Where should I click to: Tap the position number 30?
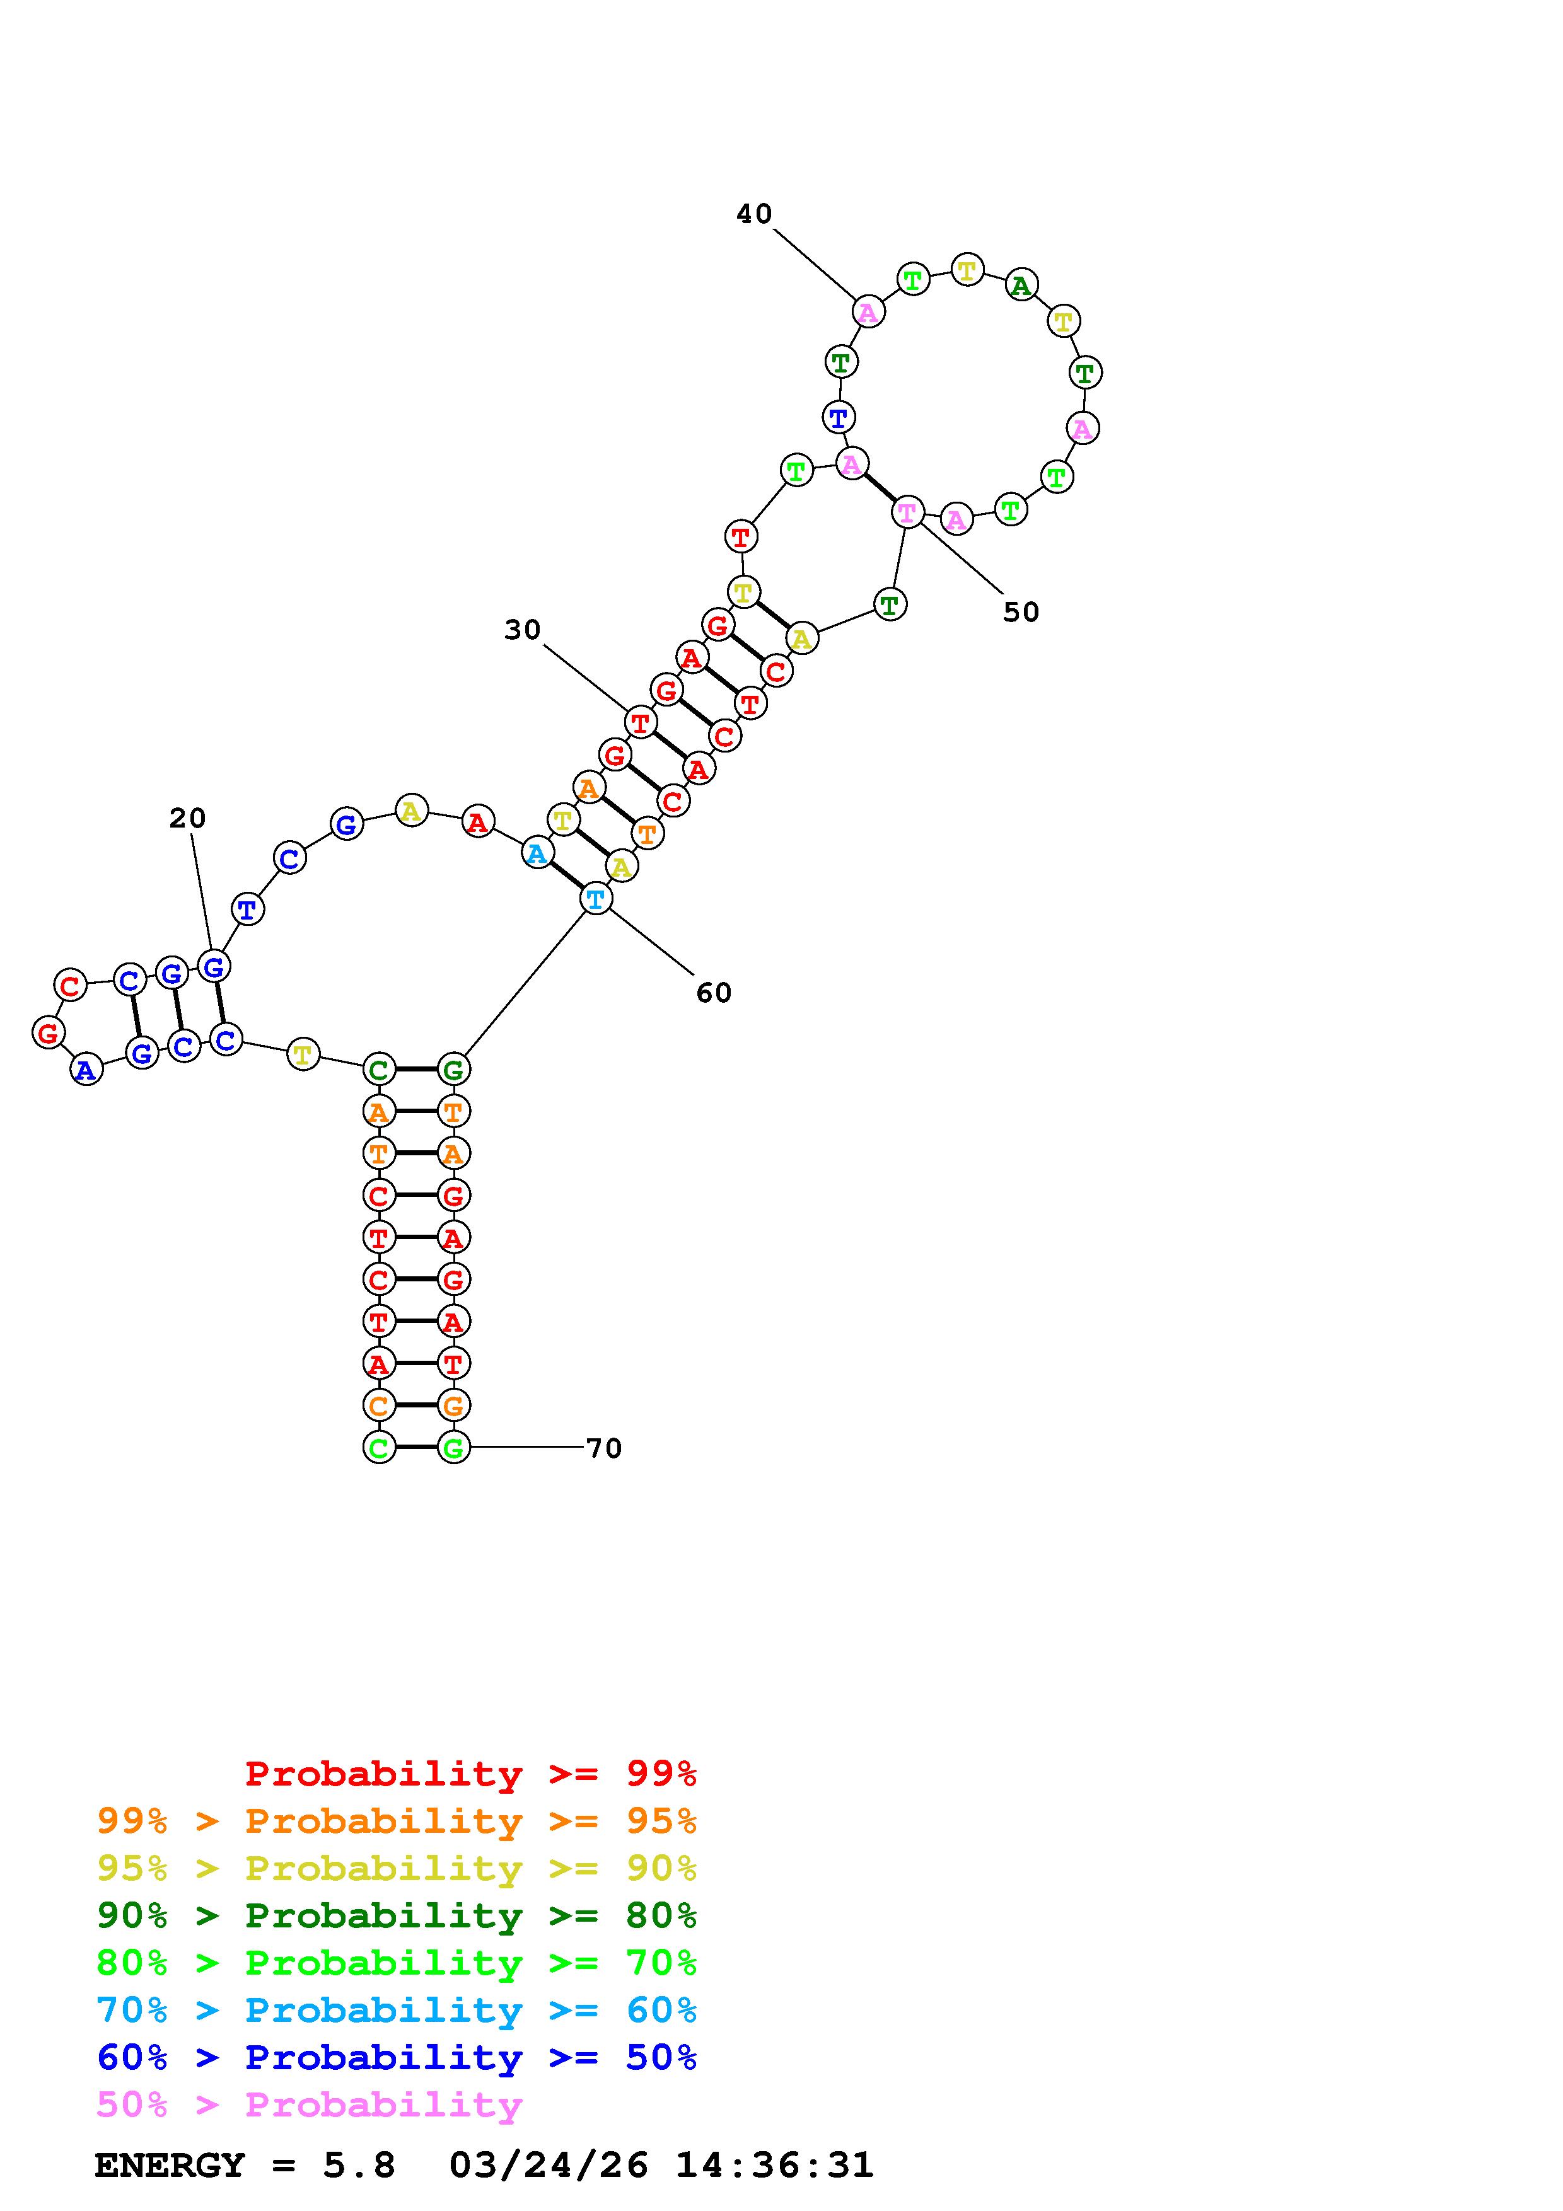click(522, 630)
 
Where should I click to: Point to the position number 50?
click(1021, 613)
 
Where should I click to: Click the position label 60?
click(714, 993)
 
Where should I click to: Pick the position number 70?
click(604, 1448)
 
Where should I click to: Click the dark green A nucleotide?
click(1021, 285)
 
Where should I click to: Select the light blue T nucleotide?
click(596, 899)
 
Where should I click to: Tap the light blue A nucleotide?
click(537, 853)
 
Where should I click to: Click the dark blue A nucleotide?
click(86, 1070)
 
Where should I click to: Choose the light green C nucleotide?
click(378, 1447)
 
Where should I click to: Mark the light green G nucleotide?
click(453, 1447)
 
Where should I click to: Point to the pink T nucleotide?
click(907, 512)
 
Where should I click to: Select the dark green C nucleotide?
click(378, 1069)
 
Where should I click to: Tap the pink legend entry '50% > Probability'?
click(309, 2105)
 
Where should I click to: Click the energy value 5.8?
click(359, 2166)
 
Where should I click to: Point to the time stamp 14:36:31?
click(774, 2166)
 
